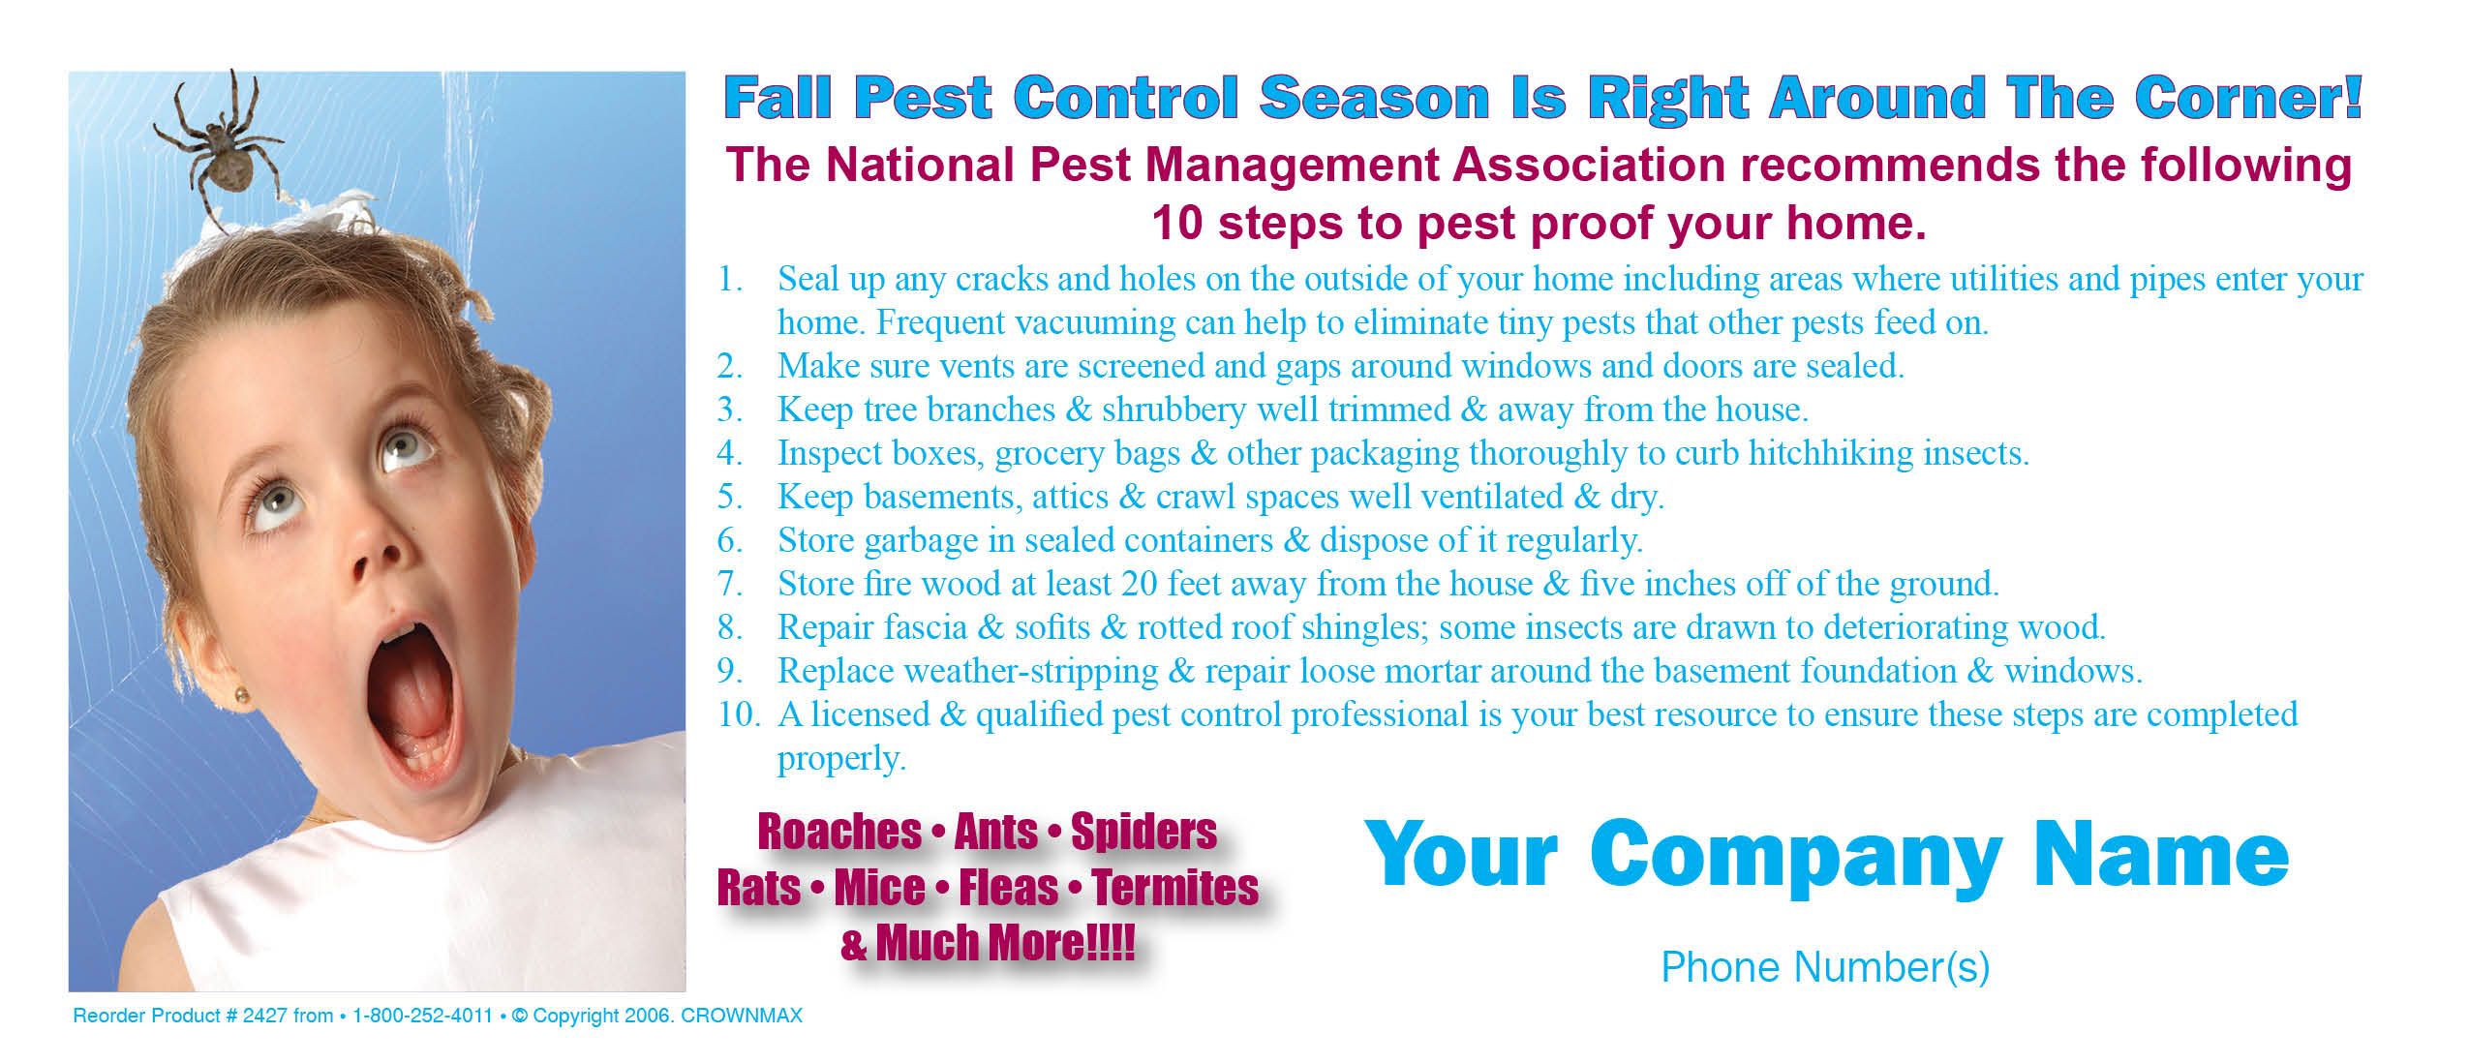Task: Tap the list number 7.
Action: pos(730,584)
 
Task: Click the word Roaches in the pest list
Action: pos(839,832)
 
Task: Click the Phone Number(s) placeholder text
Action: pos(1825,967)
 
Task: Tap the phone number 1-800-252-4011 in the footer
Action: pos(423,1017)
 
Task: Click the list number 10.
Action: pos(739,714)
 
